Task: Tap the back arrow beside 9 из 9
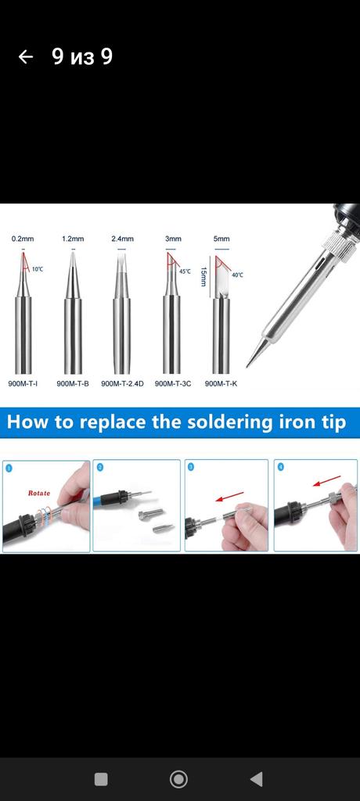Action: (x=26, y=56)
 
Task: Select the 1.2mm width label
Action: (x=73, y=239)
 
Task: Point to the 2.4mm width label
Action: (x=122, y=239)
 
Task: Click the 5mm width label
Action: (x=222, y=239)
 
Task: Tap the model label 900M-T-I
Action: (x=23, y=383)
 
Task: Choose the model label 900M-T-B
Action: (x=73, y=383)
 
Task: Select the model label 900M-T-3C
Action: (x=173, y=383)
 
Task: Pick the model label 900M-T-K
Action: (x=221, y=383)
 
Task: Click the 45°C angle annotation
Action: (x=184, y=271)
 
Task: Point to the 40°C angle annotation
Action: (x=237, y=275)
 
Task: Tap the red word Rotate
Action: (x=39, y=493)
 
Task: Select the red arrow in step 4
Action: (x=326, y=481)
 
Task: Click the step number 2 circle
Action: (x=100, y=467)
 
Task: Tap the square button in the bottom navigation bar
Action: (x=101, y=779)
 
